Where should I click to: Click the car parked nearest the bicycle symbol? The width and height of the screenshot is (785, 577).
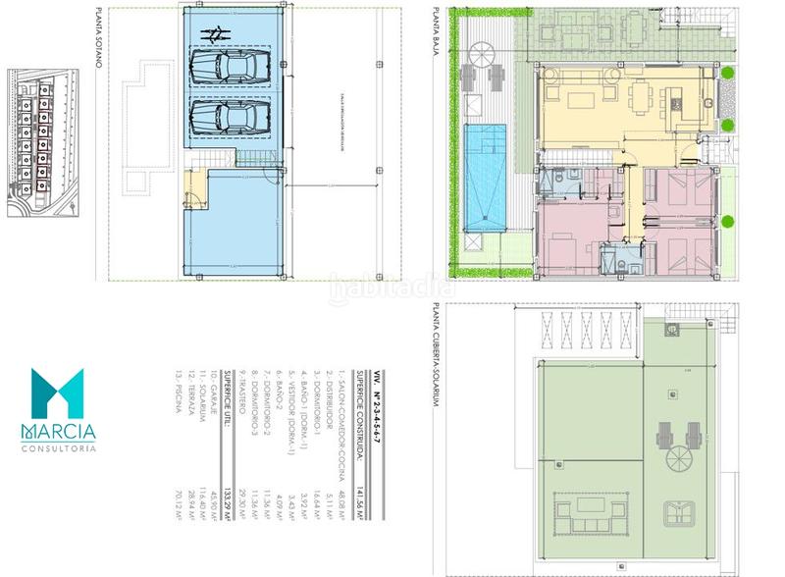click(221, 68)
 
